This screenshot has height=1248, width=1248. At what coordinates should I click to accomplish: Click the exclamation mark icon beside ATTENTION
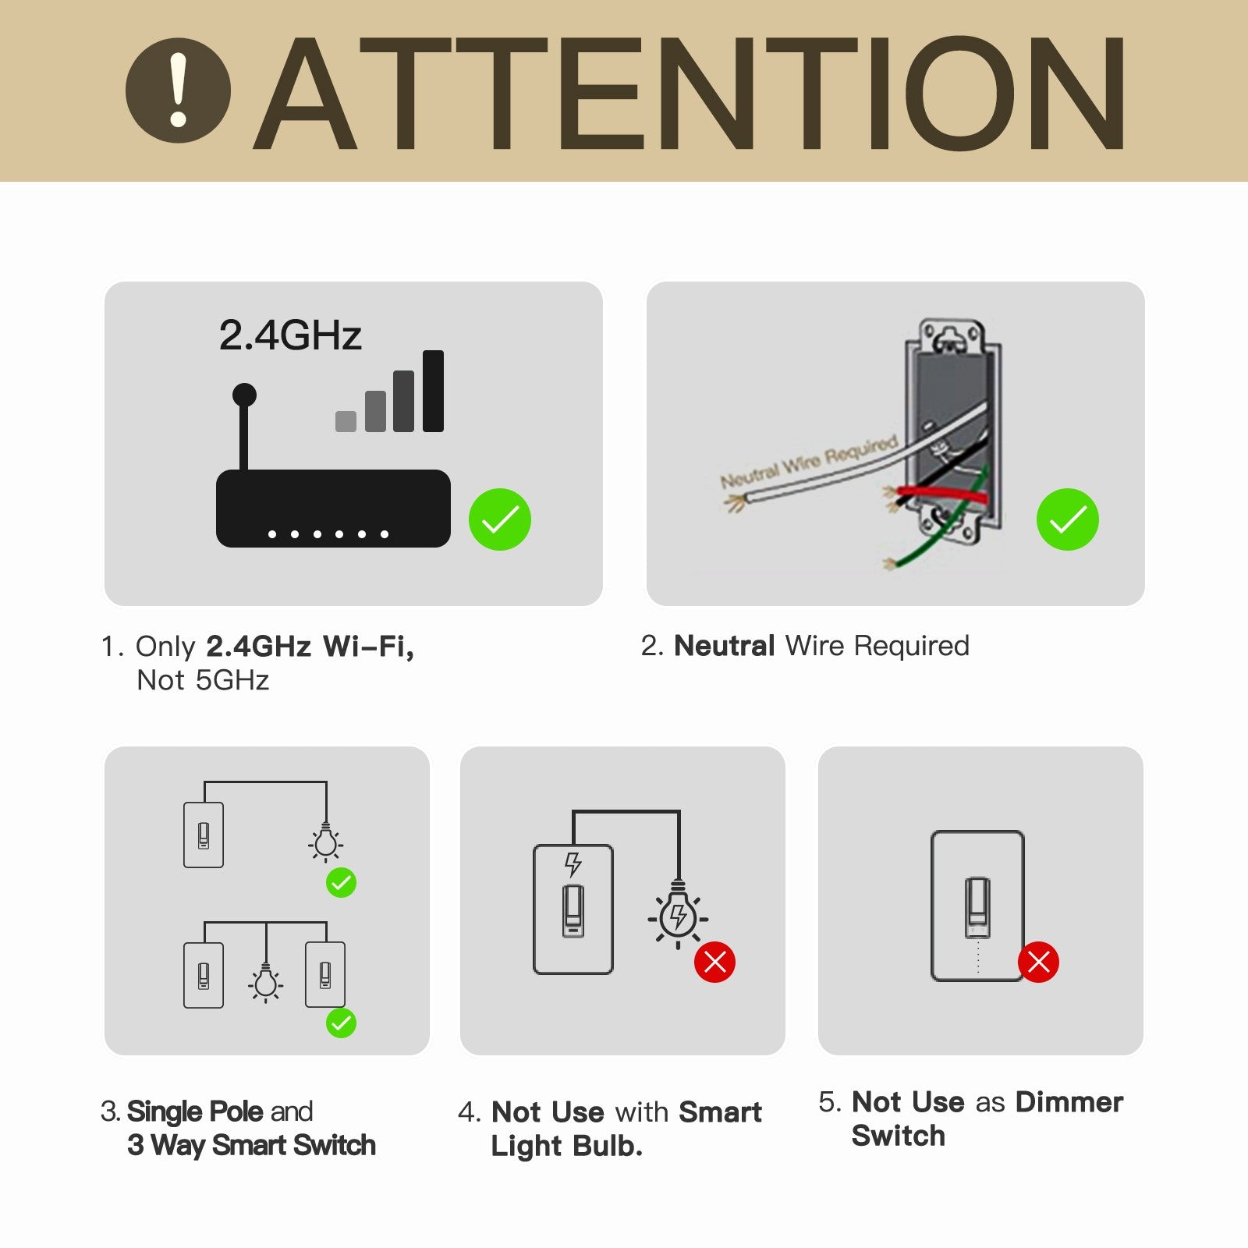point(179,90)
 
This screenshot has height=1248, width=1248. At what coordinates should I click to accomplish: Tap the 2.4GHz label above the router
point(290,335)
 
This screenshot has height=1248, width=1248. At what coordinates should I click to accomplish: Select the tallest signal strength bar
point(433,391)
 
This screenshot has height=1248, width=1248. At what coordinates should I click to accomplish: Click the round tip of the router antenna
point(244,395)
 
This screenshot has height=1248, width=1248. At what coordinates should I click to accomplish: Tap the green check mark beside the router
point(500,519)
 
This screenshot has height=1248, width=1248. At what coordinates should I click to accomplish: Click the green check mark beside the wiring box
point(1067,519)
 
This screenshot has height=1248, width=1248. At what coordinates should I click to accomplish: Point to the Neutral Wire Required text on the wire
point(808,462)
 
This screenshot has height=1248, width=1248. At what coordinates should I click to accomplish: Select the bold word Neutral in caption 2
point(724,646)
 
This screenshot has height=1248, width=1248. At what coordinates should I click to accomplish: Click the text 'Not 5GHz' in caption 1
point(203,680)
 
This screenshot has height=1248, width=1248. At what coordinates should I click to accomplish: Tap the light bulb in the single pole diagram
point(326,842)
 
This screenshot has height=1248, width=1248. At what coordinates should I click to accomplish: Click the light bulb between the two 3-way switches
point(266,983)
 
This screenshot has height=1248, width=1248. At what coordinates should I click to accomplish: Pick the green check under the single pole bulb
point(341,883)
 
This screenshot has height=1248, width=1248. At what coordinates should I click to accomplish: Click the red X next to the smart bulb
point(714,962)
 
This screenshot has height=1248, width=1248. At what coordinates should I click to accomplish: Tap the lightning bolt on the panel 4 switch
point(573,863)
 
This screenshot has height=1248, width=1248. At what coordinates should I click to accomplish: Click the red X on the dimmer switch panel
point(1038,962)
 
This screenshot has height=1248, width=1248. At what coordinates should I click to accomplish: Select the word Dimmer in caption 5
point(1069,1102)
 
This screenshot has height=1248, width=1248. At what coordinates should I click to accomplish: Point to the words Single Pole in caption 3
point(195,1111)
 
